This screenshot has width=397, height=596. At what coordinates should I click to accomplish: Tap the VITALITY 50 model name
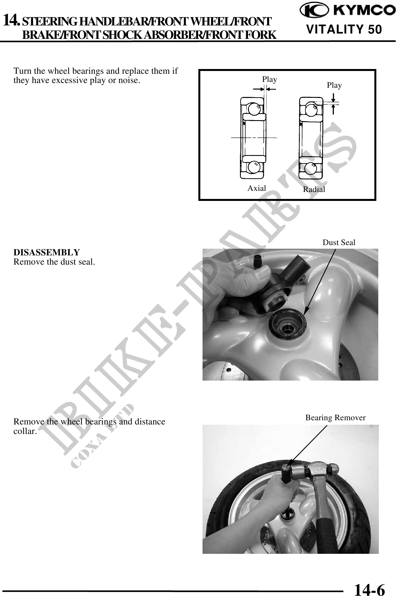(344, 29)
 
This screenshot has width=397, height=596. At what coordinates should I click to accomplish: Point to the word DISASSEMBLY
(47, 252)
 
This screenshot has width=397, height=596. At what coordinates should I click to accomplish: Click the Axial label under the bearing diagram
(257, 188)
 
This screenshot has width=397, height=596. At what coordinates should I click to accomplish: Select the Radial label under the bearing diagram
(314, 189)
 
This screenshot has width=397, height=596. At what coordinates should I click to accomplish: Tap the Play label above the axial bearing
(270, 79)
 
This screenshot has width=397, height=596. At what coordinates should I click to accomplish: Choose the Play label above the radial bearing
(334, 85)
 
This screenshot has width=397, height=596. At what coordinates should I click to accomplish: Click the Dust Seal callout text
(339, 242)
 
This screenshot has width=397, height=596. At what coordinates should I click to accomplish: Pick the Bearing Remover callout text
(335, 418)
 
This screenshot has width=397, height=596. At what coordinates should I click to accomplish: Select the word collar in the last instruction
(25, 431)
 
